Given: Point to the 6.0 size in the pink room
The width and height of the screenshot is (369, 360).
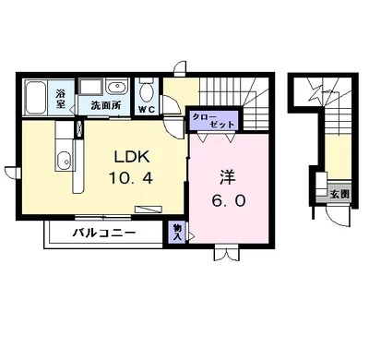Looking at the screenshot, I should coord(227,198).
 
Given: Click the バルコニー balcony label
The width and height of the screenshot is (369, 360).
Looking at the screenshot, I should coord(104,234).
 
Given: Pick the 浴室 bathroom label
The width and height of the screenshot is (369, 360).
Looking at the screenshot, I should coord(59,98).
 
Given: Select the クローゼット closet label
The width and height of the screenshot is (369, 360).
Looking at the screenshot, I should coord(213,121).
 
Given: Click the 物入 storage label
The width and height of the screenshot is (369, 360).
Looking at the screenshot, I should coord(176,233).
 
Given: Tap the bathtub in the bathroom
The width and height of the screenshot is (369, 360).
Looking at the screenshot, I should coord(35,96).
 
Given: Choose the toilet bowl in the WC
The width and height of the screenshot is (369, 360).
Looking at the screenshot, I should coord(147,92).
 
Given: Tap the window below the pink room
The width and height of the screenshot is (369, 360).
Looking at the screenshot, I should coord(226,249).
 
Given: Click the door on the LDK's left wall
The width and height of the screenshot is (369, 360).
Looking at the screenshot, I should coord(11,172).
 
